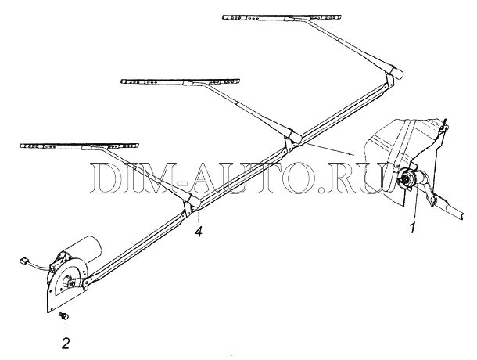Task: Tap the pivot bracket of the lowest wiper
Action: coord(192,205)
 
